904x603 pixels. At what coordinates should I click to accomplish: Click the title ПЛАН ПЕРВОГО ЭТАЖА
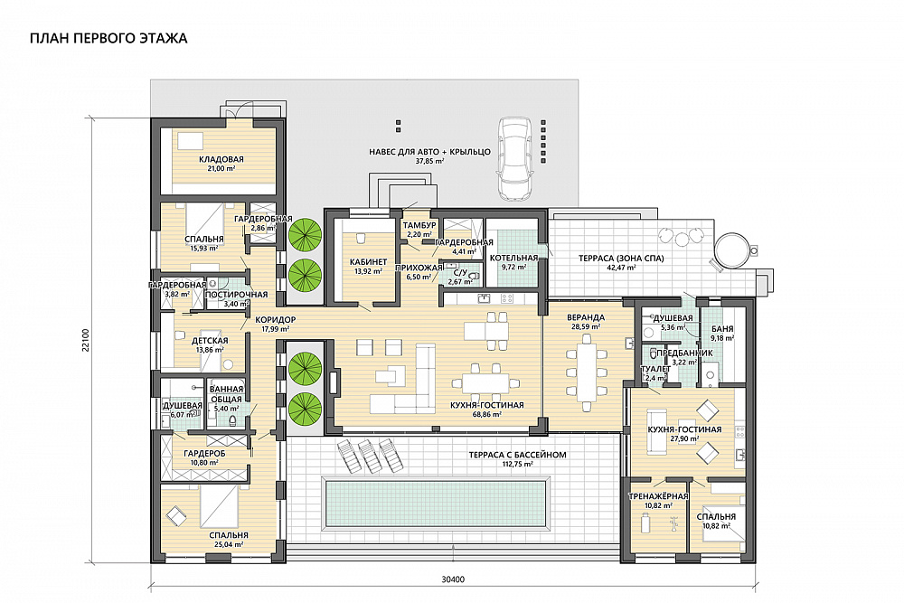(x=108, y=39)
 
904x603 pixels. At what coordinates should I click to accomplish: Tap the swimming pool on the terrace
(x=436, y=502)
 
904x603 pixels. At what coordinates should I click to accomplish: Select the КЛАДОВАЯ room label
(x=221, y=159)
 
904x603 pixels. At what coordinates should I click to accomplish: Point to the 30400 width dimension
(x=453, y=579)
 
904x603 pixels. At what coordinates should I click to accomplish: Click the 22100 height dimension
(x=85, y=340)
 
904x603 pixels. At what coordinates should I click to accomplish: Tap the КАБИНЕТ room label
(x=369, y=262)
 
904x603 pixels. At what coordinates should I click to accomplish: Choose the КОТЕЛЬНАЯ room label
(x=513, y=259)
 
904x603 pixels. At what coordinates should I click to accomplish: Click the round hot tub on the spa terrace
(x=732, y=250)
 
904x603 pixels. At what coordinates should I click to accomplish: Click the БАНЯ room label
(x=722, y=329)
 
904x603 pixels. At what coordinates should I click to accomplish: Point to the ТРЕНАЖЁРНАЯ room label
(x=658, y=496)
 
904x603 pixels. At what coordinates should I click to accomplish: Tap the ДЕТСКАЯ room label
(x=210, y=341)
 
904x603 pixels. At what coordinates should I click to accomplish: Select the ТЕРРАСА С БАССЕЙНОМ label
(x=517, y=455)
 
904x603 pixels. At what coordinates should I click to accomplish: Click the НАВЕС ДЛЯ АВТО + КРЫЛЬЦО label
(x=429, y=152)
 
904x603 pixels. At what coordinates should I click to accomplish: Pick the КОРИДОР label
(x=275, y=320)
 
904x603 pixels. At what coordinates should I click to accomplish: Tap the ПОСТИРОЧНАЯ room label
(x=236, y=295)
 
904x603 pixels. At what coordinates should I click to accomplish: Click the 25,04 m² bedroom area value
(x=229, y=544)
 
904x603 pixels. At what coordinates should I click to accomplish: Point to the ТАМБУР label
(x=419, y=225)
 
